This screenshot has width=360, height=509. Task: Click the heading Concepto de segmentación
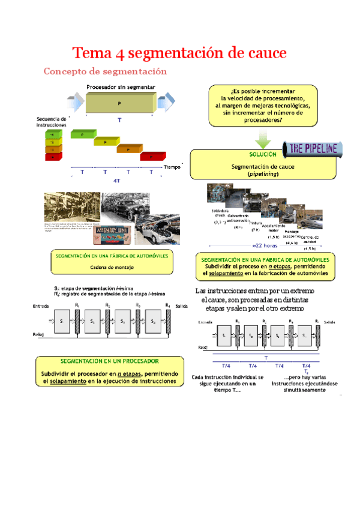104,71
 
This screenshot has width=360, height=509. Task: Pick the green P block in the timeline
82,135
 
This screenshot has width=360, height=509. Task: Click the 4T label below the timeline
116,180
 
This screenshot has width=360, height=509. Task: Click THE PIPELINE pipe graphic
314,148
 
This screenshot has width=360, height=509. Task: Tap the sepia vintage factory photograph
73,209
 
